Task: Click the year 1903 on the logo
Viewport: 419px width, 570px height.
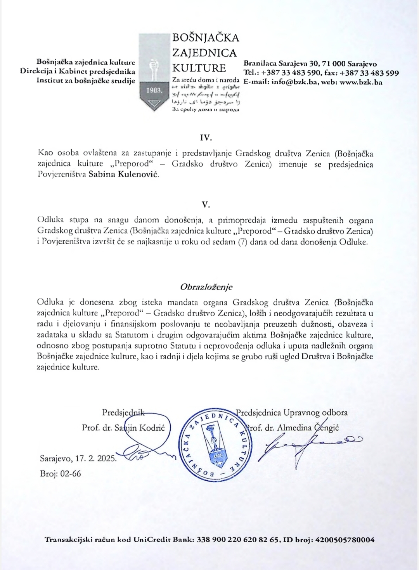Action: [x=154, y=90]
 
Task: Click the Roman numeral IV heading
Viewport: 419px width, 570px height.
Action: [x=205, y=138]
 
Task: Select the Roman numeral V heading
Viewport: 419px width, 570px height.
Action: [x=206, y=204]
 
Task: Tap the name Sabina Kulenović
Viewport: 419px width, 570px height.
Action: [x=123, y=175]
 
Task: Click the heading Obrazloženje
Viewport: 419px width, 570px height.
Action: [x=206, y=287]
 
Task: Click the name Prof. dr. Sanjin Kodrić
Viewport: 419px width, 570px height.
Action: [x=123, y=428]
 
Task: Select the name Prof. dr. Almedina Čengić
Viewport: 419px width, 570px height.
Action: [x=294, y=428]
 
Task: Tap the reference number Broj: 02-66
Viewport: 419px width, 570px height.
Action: [x=60, y=473]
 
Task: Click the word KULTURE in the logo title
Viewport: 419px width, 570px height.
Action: [x=199, y=68]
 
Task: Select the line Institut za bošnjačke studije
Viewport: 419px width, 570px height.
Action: [x=86, y=81]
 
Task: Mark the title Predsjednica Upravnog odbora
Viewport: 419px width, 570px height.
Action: [x=292, y=412]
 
